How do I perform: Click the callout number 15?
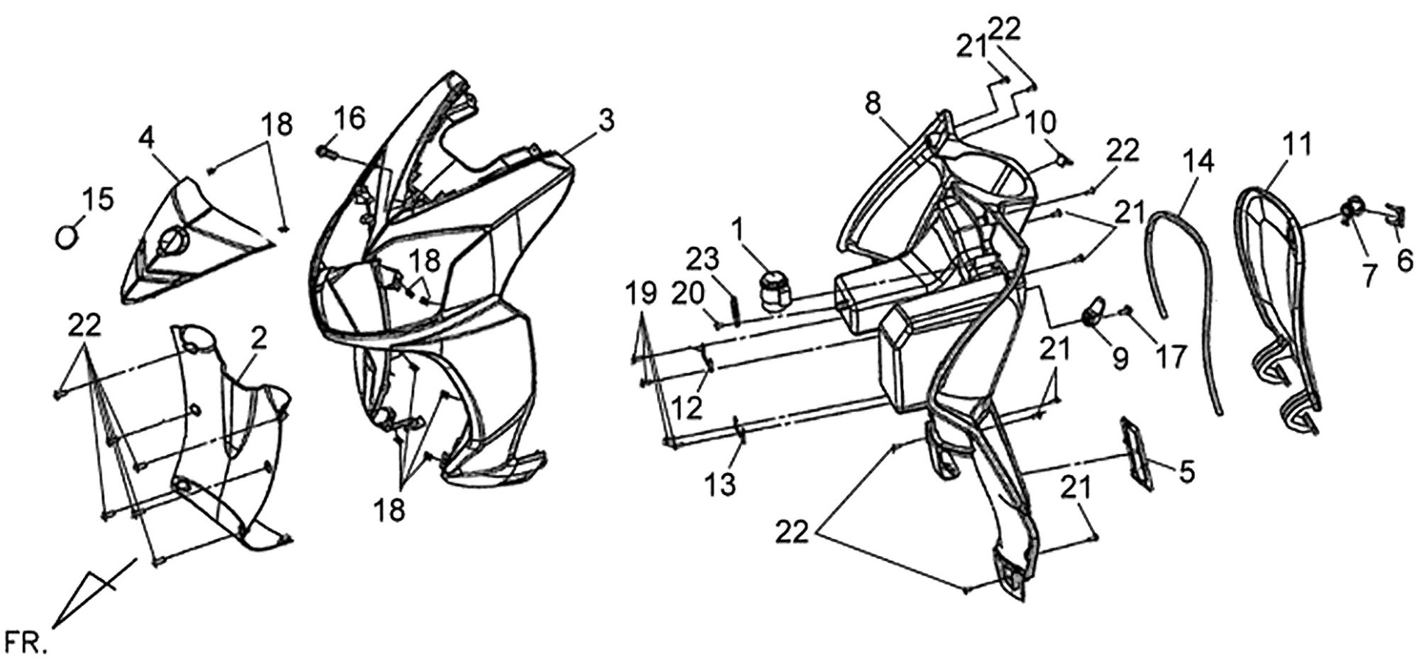coord(98,199)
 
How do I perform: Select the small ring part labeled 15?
coord(67,237)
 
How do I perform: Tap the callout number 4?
coord(146,138)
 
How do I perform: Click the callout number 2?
coord(258,339)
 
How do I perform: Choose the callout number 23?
coord(703,260)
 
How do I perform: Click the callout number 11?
coord(1296,145)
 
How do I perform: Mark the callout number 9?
coord(1119,358)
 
